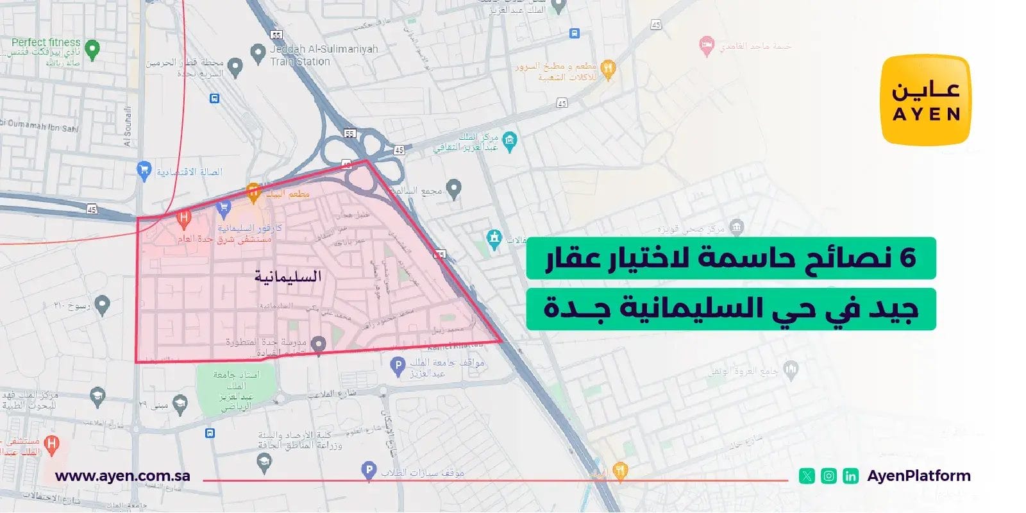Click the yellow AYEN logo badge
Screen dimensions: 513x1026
point(925,100)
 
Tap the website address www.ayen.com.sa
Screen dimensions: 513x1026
point(122,476)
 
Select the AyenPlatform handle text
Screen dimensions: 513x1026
point(918,476)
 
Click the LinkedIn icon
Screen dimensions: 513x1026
point(850,476)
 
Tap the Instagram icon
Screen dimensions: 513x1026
point(828,476)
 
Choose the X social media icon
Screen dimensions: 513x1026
point(807,476)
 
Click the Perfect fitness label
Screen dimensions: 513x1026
point(46,42)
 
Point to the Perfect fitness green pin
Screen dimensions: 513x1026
point(92,49)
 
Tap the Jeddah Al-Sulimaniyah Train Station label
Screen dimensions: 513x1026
point(323,55)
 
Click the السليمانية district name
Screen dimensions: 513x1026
point(288,276)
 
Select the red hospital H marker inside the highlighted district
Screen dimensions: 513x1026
point(184,219)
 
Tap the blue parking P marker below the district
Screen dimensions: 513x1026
point(398,366)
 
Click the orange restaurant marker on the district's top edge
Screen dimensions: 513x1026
point(253,191)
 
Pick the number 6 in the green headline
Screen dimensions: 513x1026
point(907,258)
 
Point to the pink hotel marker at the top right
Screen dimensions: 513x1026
point(706,45)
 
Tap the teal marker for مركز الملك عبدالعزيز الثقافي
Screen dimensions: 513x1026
point(510,141)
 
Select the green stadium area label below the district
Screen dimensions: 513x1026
point(236,389)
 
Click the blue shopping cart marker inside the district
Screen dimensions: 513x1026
point(224,207)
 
